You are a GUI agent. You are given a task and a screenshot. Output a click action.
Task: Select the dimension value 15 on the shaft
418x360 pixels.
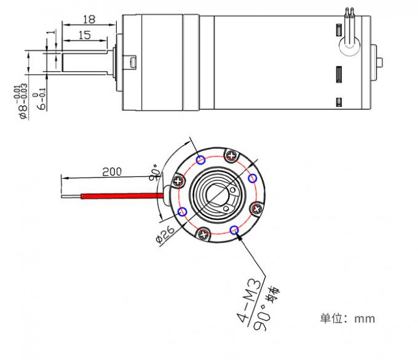[x=84, y=36]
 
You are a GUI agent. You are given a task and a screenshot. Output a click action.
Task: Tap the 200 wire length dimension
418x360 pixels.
[x=111, y=172]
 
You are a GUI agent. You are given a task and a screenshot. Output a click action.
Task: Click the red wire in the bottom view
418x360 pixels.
[x=117, y=195]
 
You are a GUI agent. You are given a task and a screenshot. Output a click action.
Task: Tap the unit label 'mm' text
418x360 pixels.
[x=365, y=319]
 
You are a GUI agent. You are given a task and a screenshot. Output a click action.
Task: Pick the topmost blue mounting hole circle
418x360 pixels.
[x=201, y=160]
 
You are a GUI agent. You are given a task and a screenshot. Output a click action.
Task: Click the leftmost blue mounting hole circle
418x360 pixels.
[x=183, y=211]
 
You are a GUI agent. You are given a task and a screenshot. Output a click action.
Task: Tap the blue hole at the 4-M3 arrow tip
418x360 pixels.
[x=234, y=230]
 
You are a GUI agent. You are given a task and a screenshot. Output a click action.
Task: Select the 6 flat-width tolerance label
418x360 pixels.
[x=41, y=98]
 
